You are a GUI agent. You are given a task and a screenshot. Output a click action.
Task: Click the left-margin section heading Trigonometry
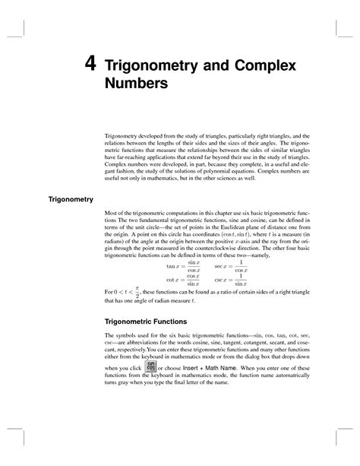coord(71,200)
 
